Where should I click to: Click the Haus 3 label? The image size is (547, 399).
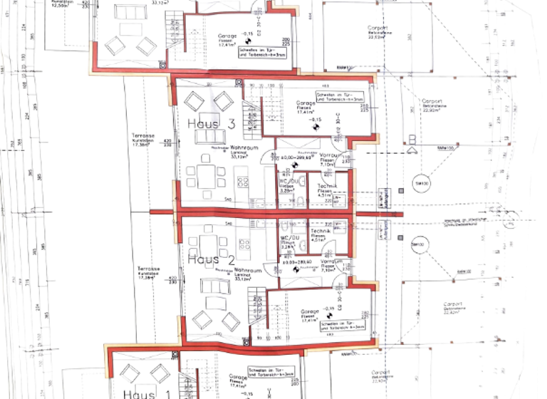coord(212,124)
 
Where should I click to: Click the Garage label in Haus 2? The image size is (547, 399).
coord(309,311)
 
